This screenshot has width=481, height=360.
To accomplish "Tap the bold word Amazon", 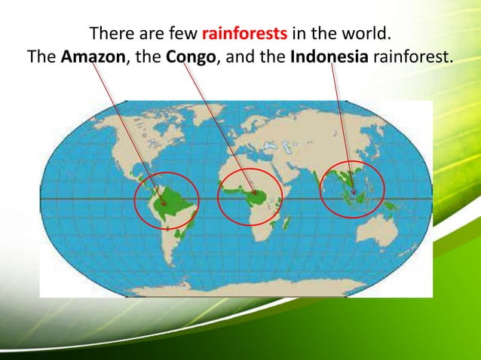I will [x=94, y=56].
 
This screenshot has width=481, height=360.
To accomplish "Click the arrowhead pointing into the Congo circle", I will [x=256, y=194].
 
